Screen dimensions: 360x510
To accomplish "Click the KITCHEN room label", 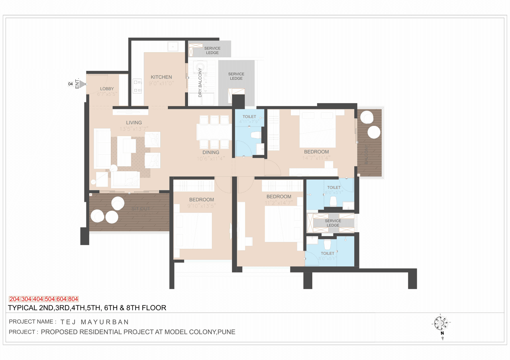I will (x=161, y=77).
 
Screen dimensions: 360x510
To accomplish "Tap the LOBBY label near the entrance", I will (x=107, y=89).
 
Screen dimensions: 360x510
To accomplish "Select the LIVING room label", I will (x=134, y=123).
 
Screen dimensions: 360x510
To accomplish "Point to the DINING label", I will (x=211, y=152).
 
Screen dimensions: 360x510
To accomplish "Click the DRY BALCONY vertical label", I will (x=200, y=82).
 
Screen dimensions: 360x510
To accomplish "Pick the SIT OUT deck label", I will (x=141, y=209).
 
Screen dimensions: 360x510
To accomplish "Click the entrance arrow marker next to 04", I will (x=82, y=84).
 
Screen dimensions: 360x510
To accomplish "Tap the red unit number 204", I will (x=15, y=299).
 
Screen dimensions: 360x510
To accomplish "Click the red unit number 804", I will (x=73, y=299).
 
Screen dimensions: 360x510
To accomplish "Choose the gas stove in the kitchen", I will (x=137, y=86).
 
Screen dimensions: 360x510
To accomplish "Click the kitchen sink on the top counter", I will (x=173, y=46).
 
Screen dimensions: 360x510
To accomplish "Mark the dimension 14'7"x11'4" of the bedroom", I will (x=316, y=158).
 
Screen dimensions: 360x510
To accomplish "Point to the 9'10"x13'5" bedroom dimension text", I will (x=201, y=206).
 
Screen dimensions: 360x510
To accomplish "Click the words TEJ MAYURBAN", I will (x=94, y=322).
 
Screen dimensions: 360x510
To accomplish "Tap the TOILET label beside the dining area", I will (x=249, y=117).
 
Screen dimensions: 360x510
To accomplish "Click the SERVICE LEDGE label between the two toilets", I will (x=333, y=223).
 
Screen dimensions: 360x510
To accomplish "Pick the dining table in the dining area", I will (x=214, y=132).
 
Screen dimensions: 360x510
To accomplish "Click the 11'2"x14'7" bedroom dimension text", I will (x=279, y=203).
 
